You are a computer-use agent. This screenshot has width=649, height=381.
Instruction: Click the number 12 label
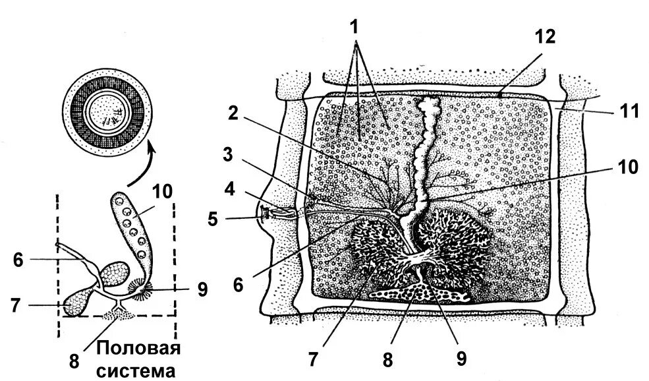pyautogui.click(x=547, y=37)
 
